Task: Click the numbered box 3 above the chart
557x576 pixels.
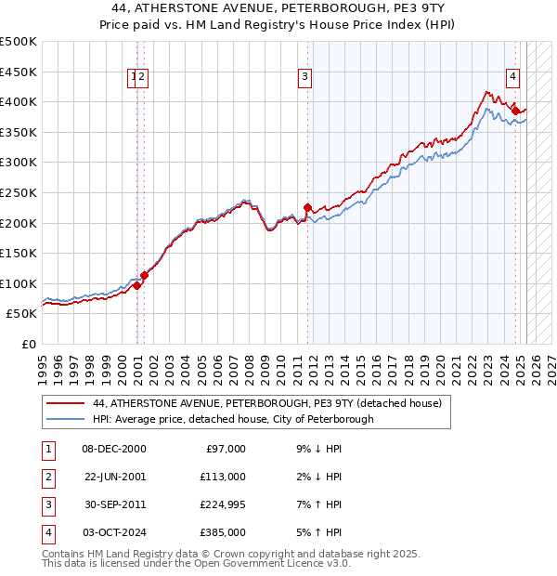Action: coord(304,77)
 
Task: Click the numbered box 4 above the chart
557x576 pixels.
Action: coord(512,77)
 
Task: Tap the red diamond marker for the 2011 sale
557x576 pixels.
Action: coord(307,207)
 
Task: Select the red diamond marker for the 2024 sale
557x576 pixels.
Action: coord(515,111)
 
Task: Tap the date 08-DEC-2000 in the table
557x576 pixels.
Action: coord(114,449)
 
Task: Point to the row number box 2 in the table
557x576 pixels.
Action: coord(47,477)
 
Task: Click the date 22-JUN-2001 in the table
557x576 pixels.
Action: coord(115,477)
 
